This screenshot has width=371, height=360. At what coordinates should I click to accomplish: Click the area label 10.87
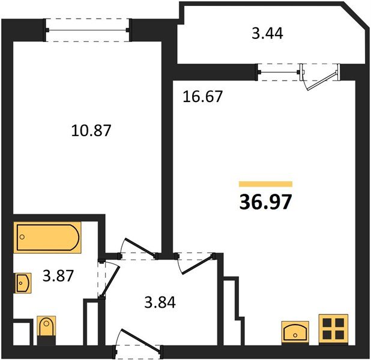(91, 130)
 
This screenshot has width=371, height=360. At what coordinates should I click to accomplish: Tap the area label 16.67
(203, 96)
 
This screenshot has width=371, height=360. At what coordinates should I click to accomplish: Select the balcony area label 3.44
(267, 33)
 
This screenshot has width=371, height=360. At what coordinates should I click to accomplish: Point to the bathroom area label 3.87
(58, 275)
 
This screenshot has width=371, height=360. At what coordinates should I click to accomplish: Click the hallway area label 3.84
(160, 302)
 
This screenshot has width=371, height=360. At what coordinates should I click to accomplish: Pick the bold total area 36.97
(265, 202)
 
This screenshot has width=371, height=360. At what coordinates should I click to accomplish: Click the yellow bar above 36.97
(265, 184)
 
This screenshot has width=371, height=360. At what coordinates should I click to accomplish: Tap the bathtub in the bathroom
(47, 238)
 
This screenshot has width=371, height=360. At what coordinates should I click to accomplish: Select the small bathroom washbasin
(23, 283)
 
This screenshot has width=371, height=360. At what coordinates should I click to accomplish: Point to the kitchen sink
(295, 332)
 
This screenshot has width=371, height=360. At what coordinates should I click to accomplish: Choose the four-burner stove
(333, 329)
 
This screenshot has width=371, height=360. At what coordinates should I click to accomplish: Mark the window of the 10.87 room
(88, 30)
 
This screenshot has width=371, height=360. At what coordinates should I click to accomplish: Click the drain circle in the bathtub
(22, 237)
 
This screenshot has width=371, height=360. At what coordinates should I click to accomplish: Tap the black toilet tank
(46, 340)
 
